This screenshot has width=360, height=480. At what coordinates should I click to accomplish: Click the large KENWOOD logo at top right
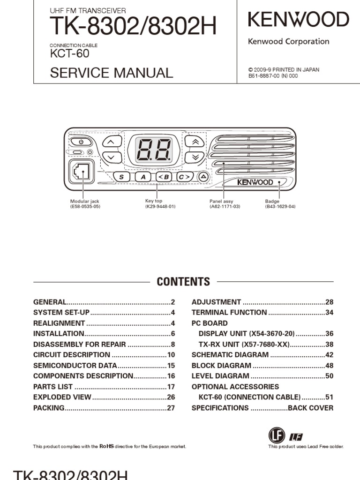point(298,20)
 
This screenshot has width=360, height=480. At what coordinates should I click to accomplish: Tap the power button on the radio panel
point(81,142)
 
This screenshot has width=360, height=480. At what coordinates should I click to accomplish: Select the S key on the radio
point(122,177)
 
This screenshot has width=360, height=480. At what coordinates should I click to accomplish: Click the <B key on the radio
point(165,177)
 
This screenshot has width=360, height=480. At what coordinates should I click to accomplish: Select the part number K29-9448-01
point(160,206)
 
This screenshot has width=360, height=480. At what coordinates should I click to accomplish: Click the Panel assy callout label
point(221,202)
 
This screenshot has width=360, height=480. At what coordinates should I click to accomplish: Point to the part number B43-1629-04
point(280,206)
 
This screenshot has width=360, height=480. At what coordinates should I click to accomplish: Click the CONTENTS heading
point(183,282)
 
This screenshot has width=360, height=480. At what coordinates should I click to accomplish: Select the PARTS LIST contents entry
point(53,387)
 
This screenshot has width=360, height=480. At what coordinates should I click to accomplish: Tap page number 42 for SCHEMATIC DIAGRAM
point(330,355)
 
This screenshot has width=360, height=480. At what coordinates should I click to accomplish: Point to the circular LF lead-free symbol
point(277,435)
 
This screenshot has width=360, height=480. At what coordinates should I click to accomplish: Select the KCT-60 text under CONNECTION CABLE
point(69,53)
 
